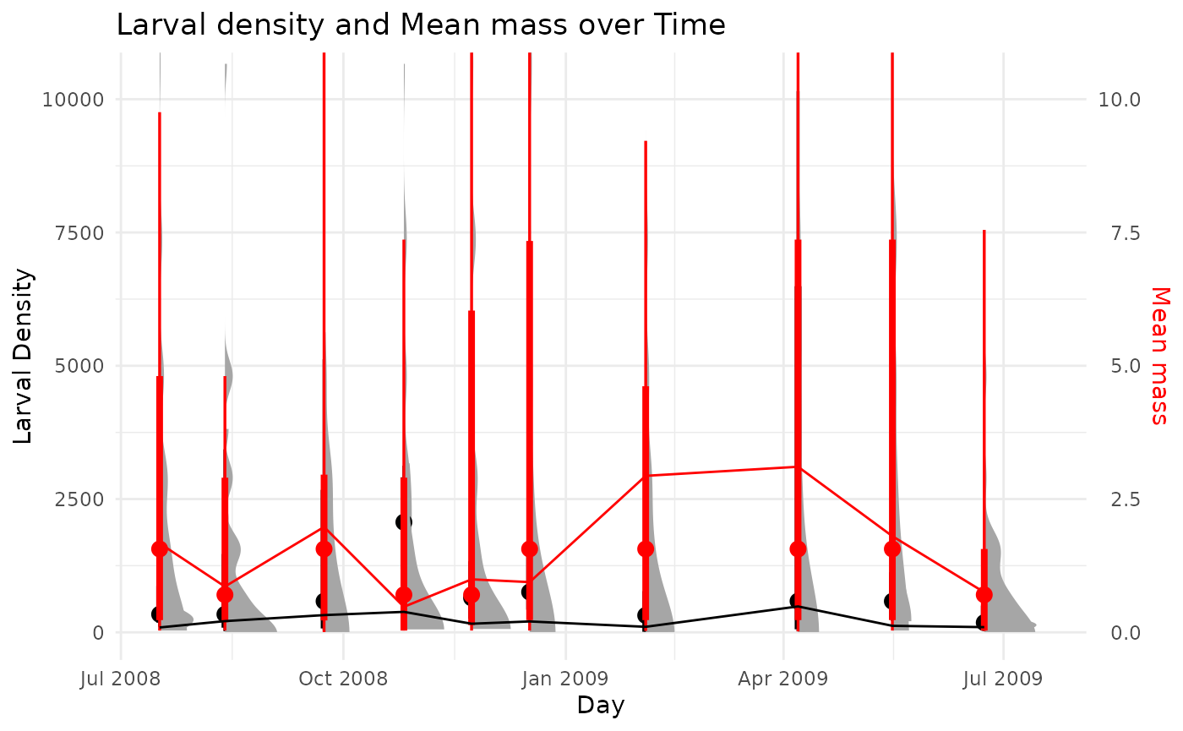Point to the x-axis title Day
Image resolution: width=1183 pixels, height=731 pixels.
(600, 705)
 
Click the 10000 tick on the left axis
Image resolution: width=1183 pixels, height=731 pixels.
(73, 99)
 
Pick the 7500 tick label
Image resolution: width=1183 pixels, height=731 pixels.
(78, 232)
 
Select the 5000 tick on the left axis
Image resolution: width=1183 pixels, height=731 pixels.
(78, 366)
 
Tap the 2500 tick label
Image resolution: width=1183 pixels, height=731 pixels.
(78, 499)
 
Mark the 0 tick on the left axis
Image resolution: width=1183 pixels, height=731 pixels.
(98, 632)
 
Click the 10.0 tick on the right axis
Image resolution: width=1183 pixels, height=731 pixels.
(1119, 99)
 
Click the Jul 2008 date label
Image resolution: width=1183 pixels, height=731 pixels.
(121, 678)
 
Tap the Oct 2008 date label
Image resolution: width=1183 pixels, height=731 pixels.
(343, 678)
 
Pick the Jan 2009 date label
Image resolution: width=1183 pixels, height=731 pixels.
(566, 678)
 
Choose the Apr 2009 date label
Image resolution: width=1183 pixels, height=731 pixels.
(783, 678)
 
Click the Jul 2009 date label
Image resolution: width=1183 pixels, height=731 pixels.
(1003, 678)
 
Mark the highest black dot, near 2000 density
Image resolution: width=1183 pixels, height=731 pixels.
(404, 521)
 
